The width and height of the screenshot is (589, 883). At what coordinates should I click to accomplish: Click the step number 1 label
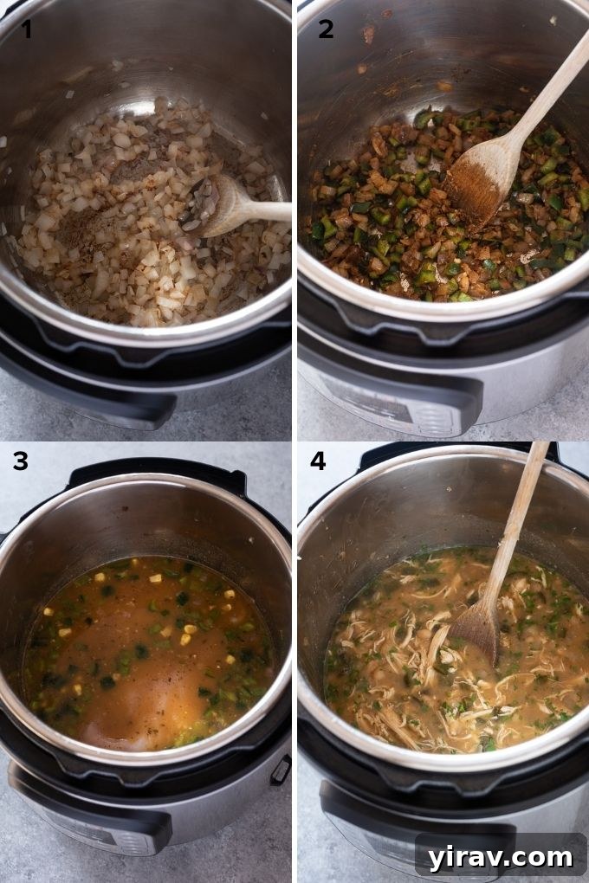[x=27, y=29]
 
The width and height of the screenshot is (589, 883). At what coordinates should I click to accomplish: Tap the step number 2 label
[x=326, y=29]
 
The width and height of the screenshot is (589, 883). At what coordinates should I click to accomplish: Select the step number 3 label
[x=21, y=461]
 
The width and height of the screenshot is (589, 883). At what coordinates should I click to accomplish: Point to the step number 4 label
[x=318, y=461]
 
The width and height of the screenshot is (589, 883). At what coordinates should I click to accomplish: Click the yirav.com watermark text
[x=500, y=857]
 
